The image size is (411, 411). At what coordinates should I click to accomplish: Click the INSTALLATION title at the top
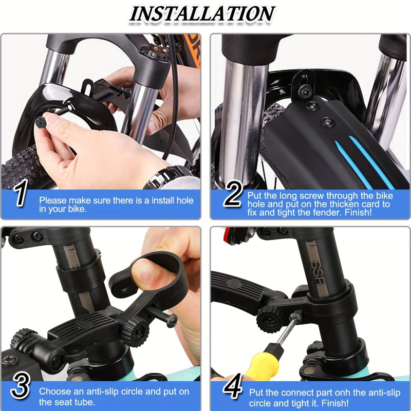[x=202, y=14]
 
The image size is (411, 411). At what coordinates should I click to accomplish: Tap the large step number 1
[x=20, y=195]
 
